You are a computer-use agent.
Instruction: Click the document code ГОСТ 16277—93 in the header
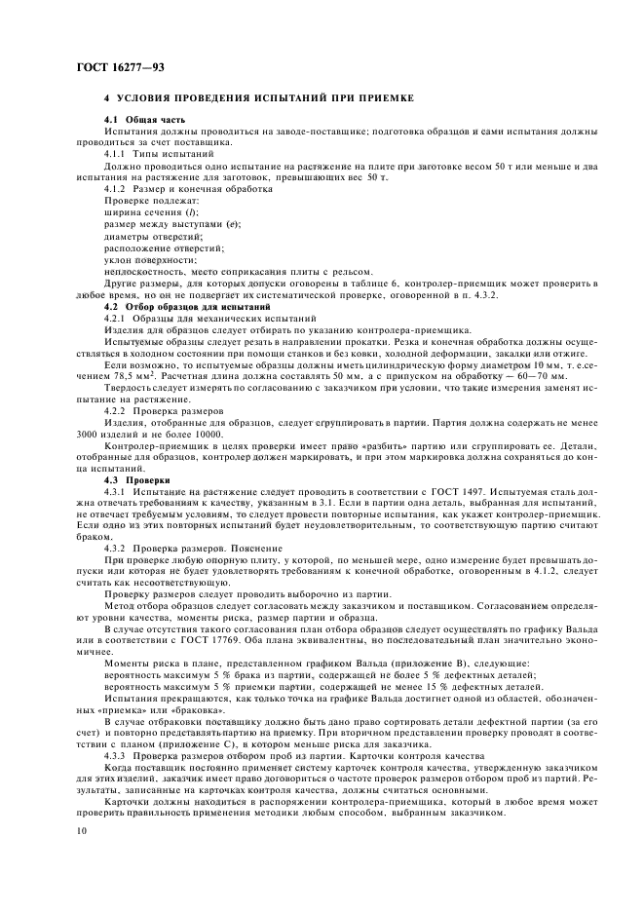click(121, 65)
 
